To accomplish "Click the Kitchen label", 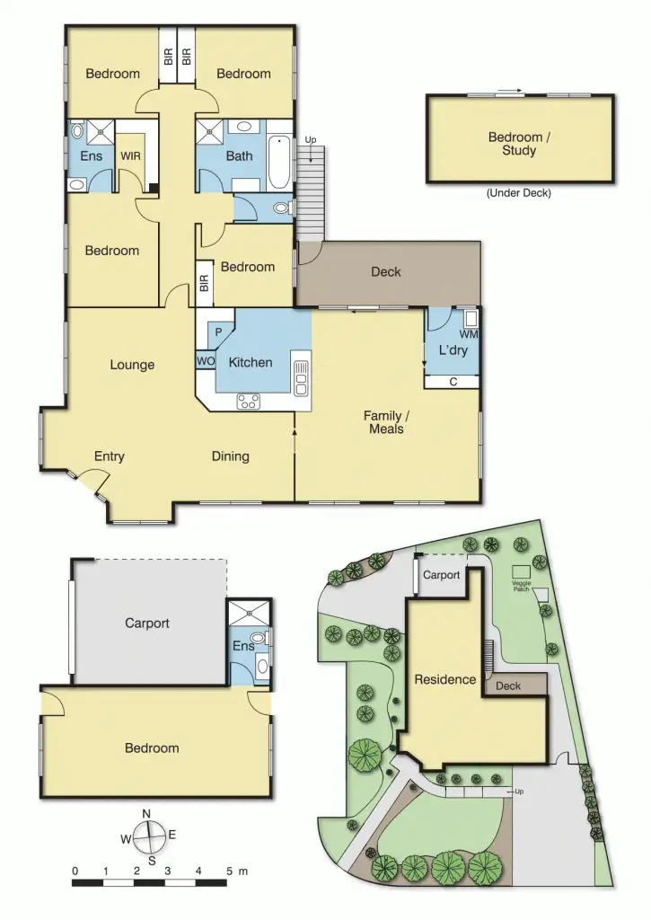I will coord(251,363).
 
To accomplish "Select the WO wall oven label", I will coord(206,361).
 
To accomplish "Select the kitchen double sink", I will coord(301,377).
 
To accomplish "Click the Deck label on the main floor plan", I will coord(386,271).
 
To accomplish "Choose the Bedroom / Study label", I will coord(515,144).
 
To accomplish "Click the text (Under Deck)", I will coord(518,193).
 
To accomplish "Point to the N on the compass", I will coord(146,814).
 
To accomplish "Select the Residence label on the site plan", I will coord(444,679).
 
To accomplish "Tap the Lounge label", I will coord(132,365).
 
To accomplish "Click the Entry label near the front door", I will coord(109,456).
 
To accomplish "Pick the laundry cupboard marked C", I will coord(453,382).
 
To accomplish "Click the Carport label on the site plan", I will coord(441,575).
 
